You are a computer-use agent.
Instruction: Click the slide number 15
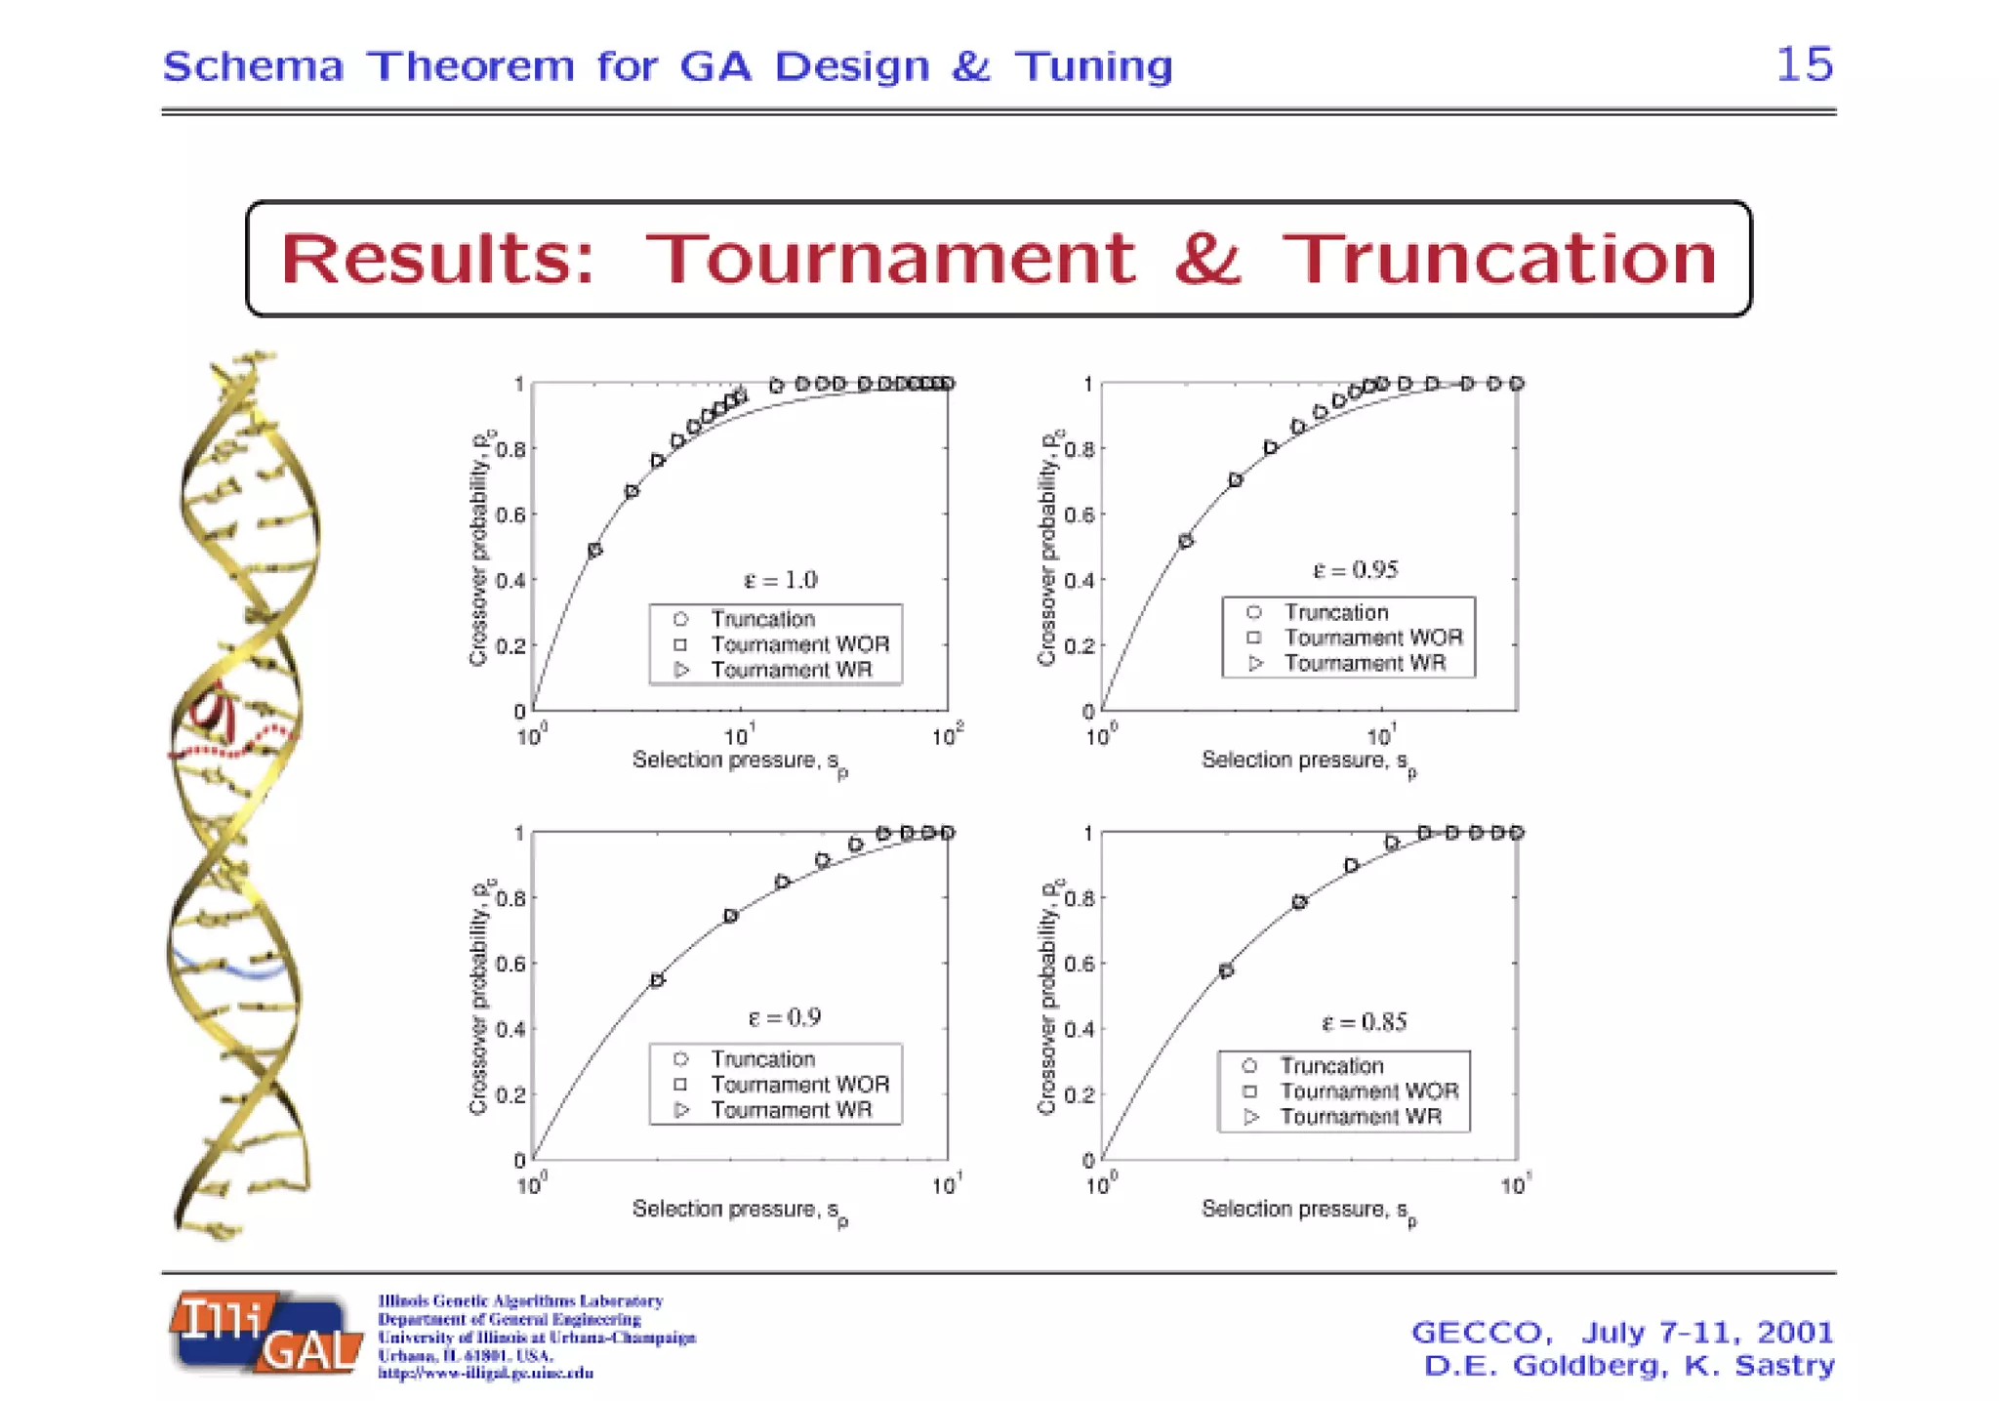pyautogui.click(x=1804, y=64)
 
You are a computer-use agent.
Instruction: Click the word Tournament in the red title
pyautogui.click(x=890, y=259)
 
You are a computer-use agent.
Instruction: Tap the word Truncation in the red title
pyautogui.click(x=1499, y=259)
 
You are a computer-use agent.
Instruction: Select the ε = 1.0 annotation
pyautogui.click(x=780, y=580)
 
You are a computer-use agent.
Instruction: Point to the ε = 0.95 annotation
pyautogui.click(x=1355, y=570)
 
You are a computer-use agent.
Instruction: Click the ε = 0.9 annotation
pyautogui.click(x=784, y=1017)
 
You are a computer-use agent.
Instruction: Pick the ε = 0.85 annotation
pyautogui.click(x=1364, y=1022)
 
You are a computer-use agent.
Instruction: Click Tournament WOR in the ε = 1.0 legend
pyautogui.click(x=799, y=644)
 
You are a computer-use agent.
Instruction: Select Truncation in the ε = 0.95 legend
pyautogui.click(x=1335, y=612)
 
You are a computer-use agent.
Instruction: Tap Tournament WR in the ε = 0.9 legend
pyautogui.click(x=791, y=1110)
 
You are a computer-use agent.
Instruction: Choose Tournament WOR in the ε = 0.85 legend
pyautogui.click(x=1368, y=1091)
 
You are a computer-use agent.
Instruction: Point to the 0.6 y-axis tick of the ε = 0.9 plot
pyautogui.click(x=510, y=964)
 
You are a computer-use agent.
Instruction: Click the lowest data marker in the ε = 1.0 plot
pyautogui.click(x=595, y=551)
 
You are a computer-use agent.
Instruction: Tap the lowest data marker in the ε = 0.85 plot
pyautogui.click(x=1226, y=970)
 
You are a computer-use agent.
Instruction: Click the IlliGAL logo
pyautogui.click(x=264, y=1334)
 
